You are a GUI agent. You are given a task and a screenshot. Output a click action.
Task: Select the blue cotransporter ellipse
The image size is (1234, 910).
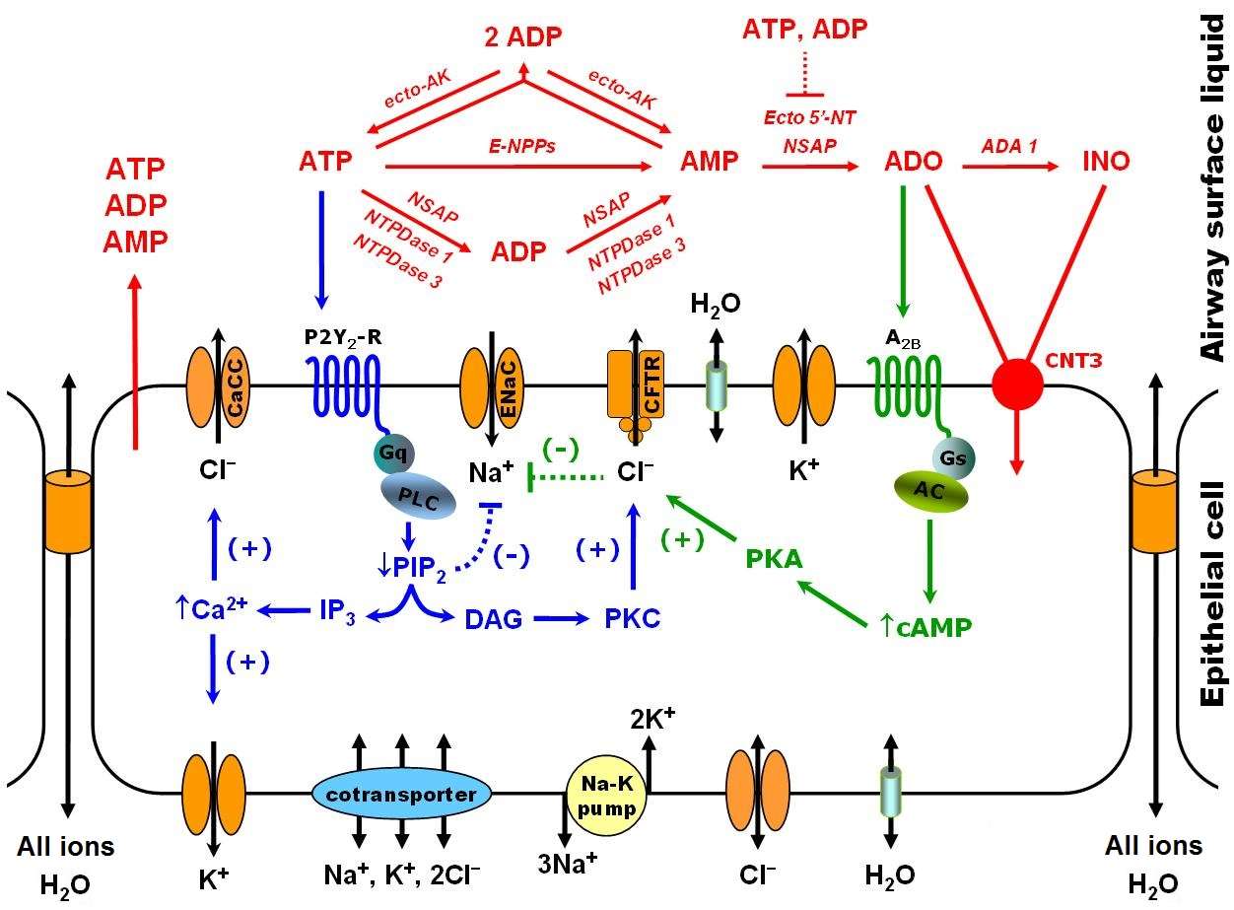point(402,794)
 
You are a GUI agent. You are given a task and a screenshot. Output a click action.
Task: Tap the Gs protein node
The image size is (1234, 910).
point(953,456)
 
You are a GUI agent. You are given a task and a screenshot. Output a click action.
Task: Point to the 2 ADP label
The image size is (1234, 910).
point(522,37)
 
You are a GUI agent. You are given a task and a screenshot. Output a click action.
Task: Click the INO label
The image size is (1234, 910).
point(1106,161)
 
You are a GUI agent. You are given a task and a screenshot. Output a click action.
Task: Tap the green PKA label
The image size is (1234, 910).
point(773,559)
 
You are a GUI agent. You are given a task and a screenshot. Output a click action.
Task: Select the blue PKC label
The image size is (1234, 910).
point(632,618)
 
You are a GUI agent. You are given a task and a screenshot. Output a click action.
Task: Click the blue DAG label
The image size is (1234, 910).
point(489,618)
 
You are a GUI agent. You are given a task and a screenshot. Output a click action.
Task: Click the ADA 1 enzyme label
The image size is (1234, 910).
point(1009,145)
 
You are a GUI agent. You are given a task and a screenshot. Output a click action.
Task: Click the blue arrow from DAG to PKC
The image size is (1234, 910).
point(559,618)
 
